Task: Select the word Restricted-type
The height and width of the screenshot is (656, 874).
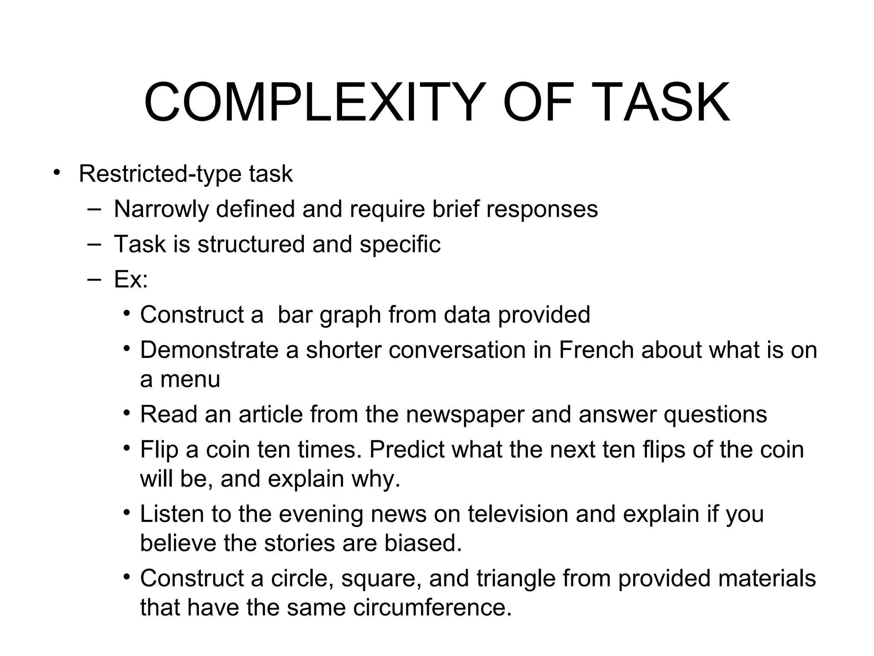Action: pos(160,174)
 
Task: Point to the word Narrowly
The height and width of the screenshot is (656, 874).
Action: pos(163,210)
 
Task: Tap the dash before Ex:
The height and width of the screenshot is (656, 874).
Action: pos(94,279)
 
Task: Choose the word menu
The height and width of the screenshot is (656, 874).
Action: pos(190,379)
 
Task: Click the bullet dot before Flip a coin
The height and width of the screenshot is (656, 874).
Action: pos(126,448)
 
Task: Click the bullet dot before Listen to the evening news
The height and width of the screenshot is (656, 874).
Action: pos(126,512)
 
